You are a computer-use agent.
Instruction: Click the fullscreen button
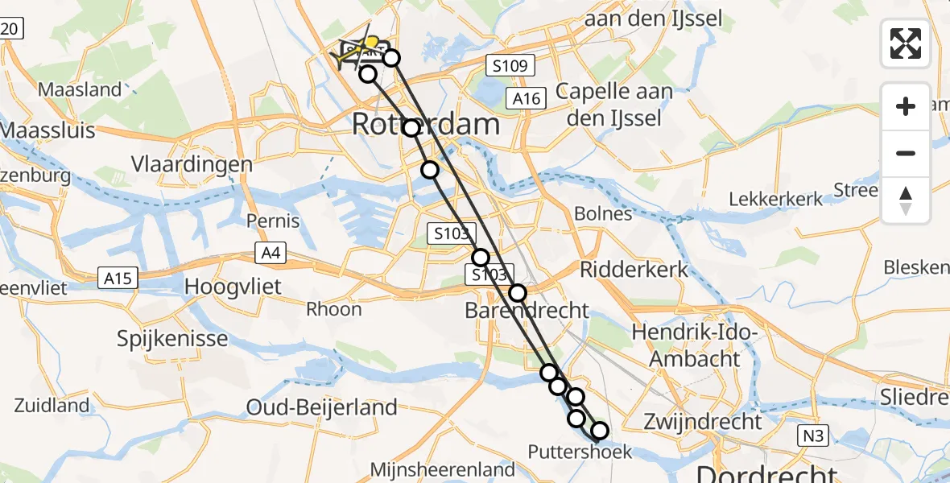click(x=906, y=43)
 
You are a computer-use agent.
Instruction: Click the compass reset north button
click(x=906, y=200)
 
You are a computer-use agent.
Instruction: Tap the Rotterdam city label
click(x=426, y=125)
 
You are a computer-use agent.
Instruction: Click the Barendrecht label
click(x=527, y=311)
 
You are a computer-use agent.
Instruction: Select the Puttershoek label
click(x=580, y=452)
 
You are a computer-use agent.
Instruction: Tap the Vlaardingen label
click(x=192, y=164)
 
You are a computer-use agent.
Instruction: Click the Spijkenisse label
click(x=172, y=338)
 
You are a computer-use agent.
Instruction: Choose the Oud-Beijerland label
click(x=322, y=407)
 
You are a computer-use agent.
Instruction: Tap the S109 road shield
click(x=510, y=66)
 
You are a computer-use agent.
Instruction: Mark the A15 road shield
click(x=118, y=279)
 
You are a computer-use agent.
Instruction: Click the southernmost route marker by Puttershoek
click(x=600, y=432)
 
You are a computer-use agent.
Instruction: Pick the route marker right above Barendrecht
click(x=518, y=293)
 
